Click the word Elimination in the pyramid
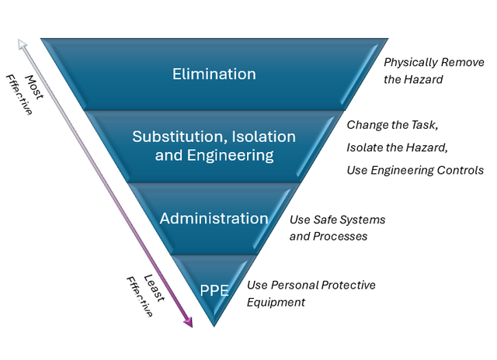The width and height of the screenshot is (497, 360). click(214, 74)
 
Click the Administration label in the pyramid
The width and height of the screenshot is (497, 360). click(214, 218)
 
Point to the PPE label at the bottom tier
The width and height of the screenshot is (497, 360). click(214, 291)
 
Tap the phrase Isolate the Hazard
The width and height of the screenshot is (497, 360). click(398, 147)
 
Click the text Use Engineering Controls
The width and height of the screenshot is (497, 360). click(415, 170)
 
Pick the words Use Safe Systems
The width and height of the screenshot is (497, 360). click(337, 220)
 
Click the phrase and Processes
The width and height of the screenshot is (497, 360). click(328, 236)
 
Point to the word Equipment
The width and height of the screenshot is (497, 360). click(276, 302)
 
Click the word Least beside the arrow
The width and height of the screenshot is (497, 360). click(152, 288)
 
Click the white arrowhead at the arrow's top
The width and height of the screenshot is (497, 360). click(24, 44)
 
